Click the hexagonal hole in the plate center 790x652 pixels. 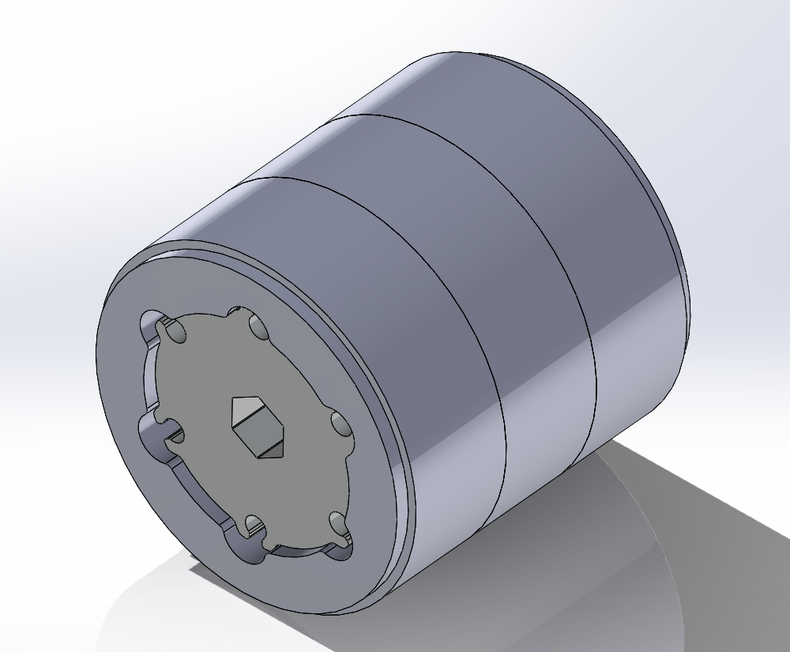256,427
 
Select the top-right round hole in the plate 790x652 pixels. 258,325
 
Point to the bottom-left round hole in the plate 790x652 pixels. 254,526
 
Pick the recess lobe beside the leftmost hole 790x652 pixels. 149,432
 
